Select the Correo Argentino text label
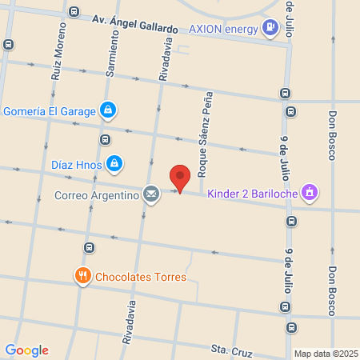pyautogui.click(x=96, y=194)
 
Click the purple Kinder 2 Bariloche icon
pyautogui.click(x=310, y=192)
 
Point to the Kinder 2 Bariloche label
pyautogui.click(x=252, y=193)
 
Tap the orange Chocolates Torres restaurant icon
pyautogui.click(x=82, y=277)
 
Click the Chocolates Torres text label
pyautogui.click(x=141, y=278)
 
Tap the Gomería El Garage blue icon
pyautogui.click(x=108, y=110)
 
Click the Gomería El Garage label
pyautogui.click(x=49, y=110)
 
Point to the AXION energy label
pyautogui.click(x=223, y=29)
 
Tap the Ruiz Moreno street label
pyautogui.click(x=59, y=50)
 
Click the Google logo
pyautogui.click(x=26, y=350)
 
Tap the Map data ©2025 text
pyautogui.click(x=325, y=354)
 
